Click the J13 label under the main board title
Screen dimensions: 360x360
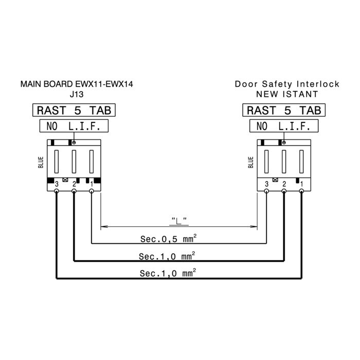tap(77, 94)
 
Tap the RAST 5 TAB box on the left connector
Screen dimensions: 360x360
tap(74, 110)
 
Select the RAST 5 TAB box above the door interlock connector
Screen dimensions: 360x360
tap(284, 110)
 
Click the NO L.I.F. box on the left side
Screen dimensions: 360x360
tap(74, 126)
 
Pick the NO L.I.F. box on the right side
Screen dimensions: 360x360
tap(284, 126)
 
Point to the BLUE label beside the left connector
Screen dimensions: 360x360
tap(41, 163)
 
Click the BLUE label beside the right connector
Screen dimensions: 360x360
tap(251, 163)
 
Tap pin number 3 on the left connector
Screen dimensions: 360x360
tap(57, 184)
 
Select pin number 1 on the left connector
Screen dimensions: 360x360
tap(92, 184)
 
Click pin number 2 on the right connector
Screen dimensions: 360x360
tap(284, 184)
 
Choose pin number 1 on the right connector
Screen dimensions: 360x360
tap(302, 184)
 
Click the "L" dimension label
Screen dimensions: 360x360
tap(179, 221)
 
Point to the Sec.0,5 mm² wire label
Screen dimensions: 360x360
tap(168, 239)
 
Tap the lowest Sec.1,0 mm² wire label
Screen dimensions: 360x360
tap(168, 273)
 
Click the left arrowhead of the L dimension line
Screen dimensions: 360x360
tap(104, 227)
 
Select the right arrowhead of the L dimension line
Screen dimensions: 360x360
tap(254, 227)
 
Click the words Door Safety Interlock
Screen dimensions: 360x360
tap(287, 84)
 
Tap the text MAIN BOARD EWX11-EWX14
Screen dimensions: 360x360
tap(77, 84)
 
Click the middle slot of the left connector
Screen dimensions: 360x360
tap(74, 161)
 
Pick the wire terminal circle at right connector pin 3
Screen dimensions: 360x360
tap(266, 191)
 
